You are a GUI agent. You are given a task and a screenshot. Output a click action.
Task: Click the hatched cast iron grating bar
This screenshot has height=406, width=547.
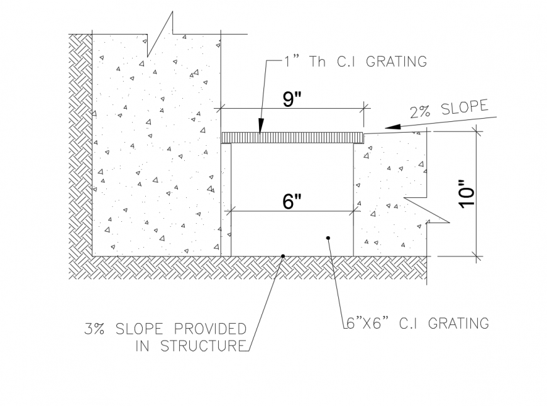[292, 138]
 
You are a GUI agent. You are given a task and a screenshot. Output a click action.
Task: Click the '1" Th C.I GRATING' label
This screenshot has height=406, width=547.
[355, 62]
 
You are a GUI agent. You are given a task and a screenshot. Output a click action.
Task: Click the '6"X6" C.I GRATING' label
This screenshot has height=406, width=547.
[416, 324]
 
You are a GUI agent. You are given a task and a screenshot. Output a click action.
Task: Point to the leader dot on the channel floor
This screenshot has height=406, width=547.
[283, 256]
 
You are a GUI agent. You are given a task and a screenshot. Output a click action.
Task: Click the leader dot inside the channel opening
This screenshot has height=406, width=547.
[328, 238]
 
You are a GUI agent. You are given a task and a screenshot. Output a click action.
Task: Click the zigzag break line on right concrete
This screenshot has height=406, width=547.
[428, 211]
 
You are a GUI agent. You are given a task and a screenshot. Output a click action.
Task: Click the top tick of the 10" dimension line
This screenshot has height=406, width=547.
[477, 131]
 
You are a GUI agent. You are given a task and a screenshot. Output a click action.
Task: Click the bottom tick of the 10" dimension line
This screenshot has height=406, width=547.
[477, 256]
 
